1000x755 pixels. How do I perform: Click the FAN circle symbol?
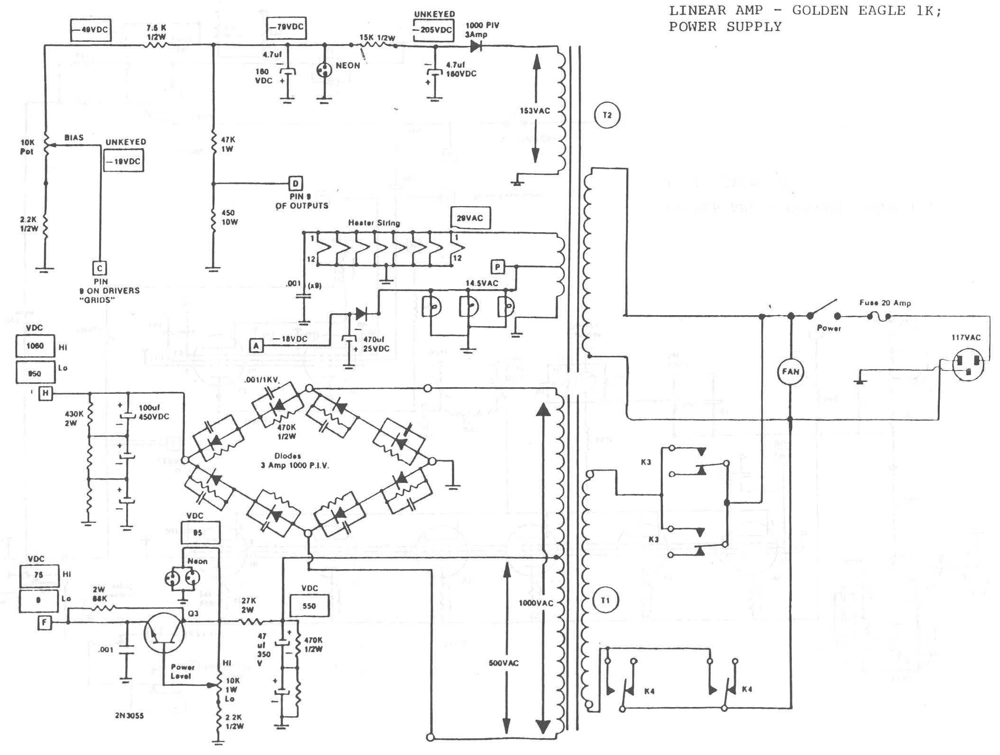coord(790,372)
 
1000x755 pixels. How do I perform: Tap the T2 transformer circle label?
coord(607,115)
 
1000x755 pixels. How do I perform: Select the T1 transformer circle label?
coord(605,601)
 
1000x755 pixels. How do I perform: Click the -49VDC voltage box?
coord(90,30)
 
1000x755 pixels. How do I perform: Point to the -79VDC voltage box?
coord(286,27)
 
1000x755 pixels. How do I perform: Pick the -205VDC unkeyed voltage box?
coord(433,30)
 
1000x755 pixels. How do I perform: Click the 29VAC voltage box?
coord(470,218)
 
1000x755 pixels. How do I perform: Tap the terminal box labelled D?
coord(295,184)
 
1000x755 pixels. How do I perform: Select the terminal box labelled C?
coord(100,268)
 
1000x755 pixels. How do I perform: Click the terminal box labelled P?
coord(497,267)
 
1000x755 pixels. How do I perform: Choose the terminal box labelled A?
coord(257,346)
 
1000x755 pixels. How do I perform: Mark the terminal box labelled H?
coord(46,393)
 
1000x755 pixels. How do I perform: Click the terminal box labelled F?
coord(45,622)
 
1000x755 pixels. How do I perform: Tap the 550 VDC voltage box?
coord(309,606)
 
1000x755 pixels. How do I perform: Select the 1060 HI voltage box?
coord(35,346)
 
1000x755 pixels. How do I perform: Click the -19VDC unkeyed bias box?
coord(124,161)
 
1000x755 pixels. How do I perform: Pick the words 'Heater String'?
coord(374,223)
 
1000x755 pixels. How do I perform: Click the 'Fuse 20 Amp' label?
coord(885,303)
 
